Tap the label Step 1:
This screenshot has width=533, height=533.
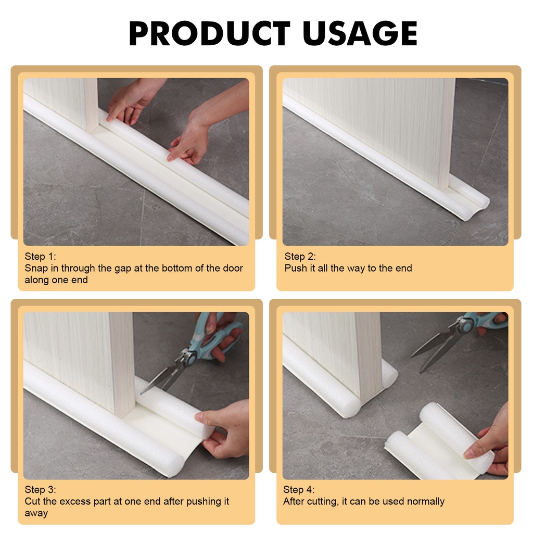tap(40, 257)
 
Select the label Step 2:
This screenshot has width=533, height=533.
tap(300, 257)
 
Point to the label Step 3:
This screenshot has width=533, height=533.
tap(40, 490)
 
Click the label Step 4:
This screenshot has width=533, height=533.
tap(299, 490)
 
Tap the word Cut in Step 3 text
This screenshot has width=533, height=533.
tap(32, 502)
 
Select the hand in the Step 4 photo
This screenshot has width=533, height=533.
tap(492, 442)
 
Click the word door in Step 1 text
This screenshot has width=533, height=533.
tap(232, 269)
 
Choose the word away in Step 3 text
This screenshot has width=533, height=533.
tap(36, 513)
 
